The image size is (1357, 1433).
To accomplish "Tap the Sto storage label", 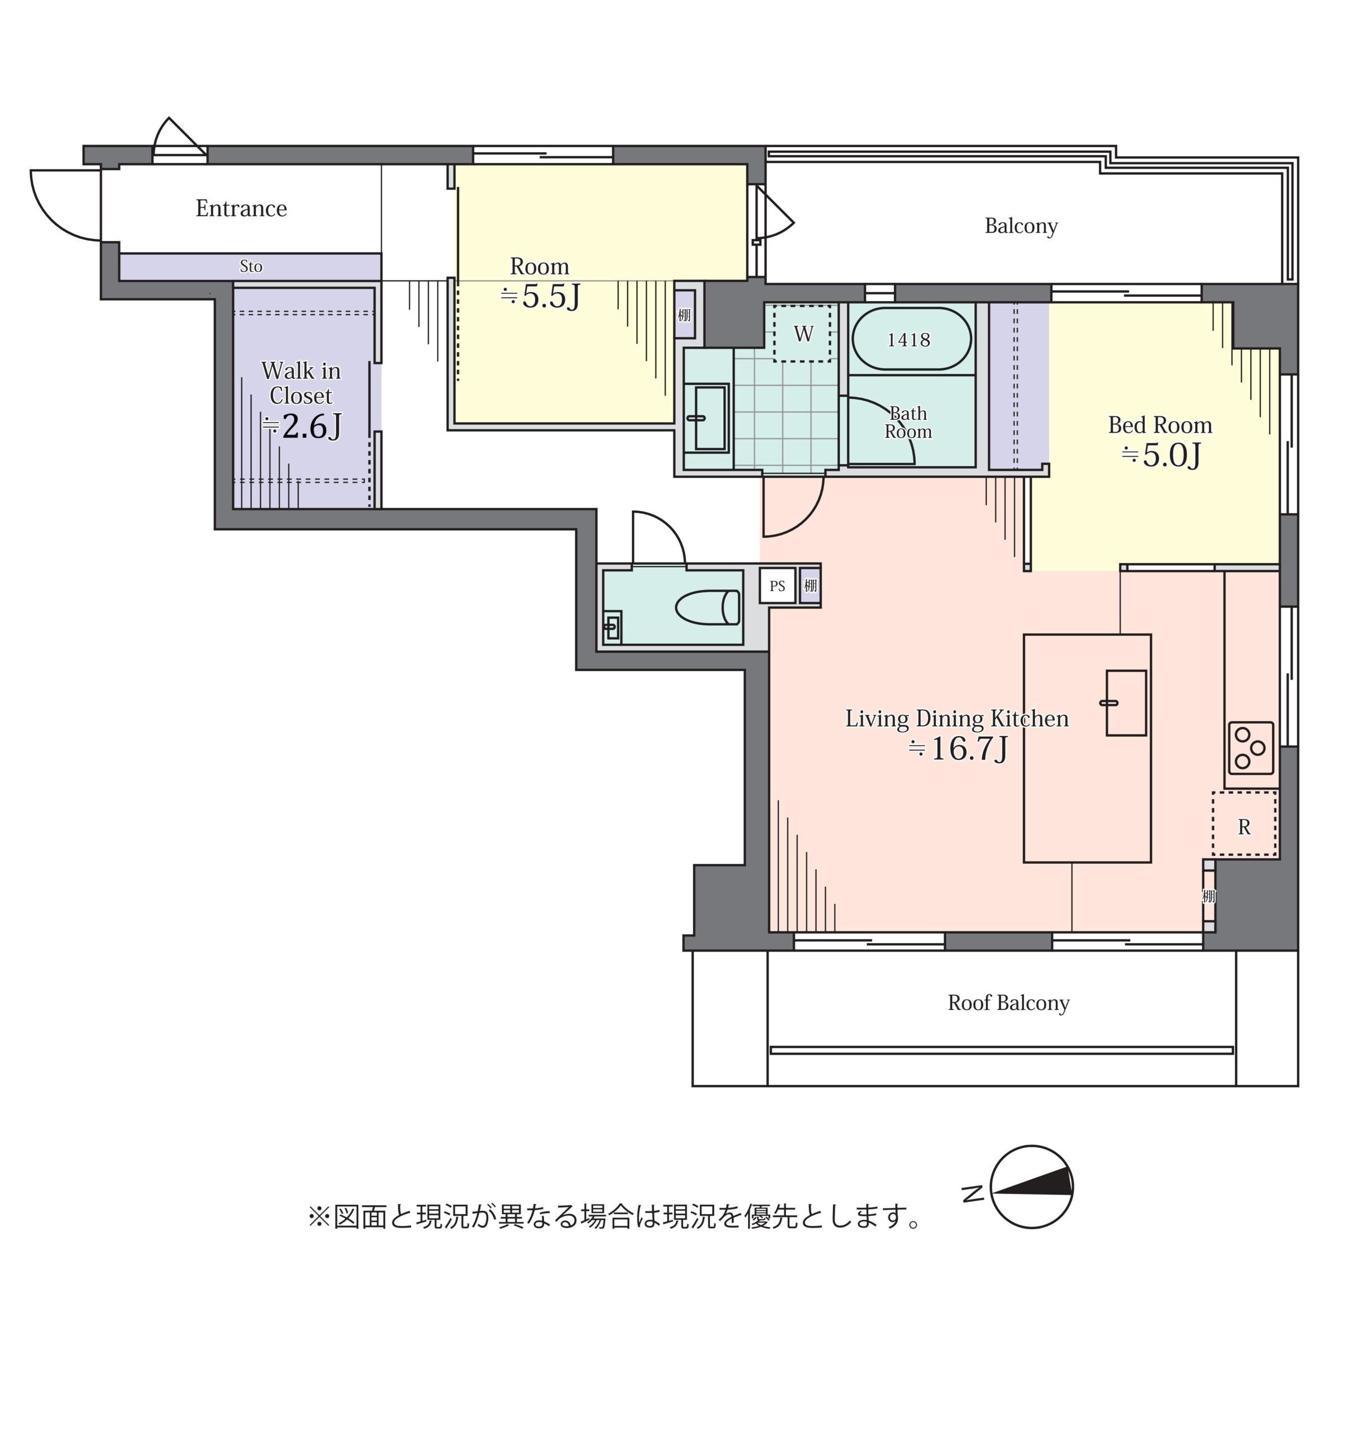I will pos(250,266).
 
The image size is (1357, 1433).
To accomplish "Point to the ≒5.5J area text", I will pos(540,297).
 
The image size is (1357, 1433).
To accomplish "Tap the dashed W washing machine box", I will pos(802,334).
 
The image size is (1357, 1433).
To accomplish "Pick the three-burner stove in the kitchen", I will pos(1251,747).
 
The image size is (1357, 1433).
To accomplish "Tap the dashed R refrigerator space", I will pos(1244,825).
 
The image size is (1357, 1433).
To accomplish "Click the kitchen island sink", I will pos(1126,703).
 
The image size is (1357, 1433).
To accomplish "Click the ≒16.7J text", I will pos(958,749).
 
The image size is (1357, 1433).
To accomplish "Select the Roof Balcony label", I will pos(1008,1003).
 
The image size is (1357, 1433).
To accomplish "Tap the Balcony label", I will pos(1021,226).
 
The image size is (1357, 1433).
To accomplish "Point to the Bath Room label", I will pos(908,423).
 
